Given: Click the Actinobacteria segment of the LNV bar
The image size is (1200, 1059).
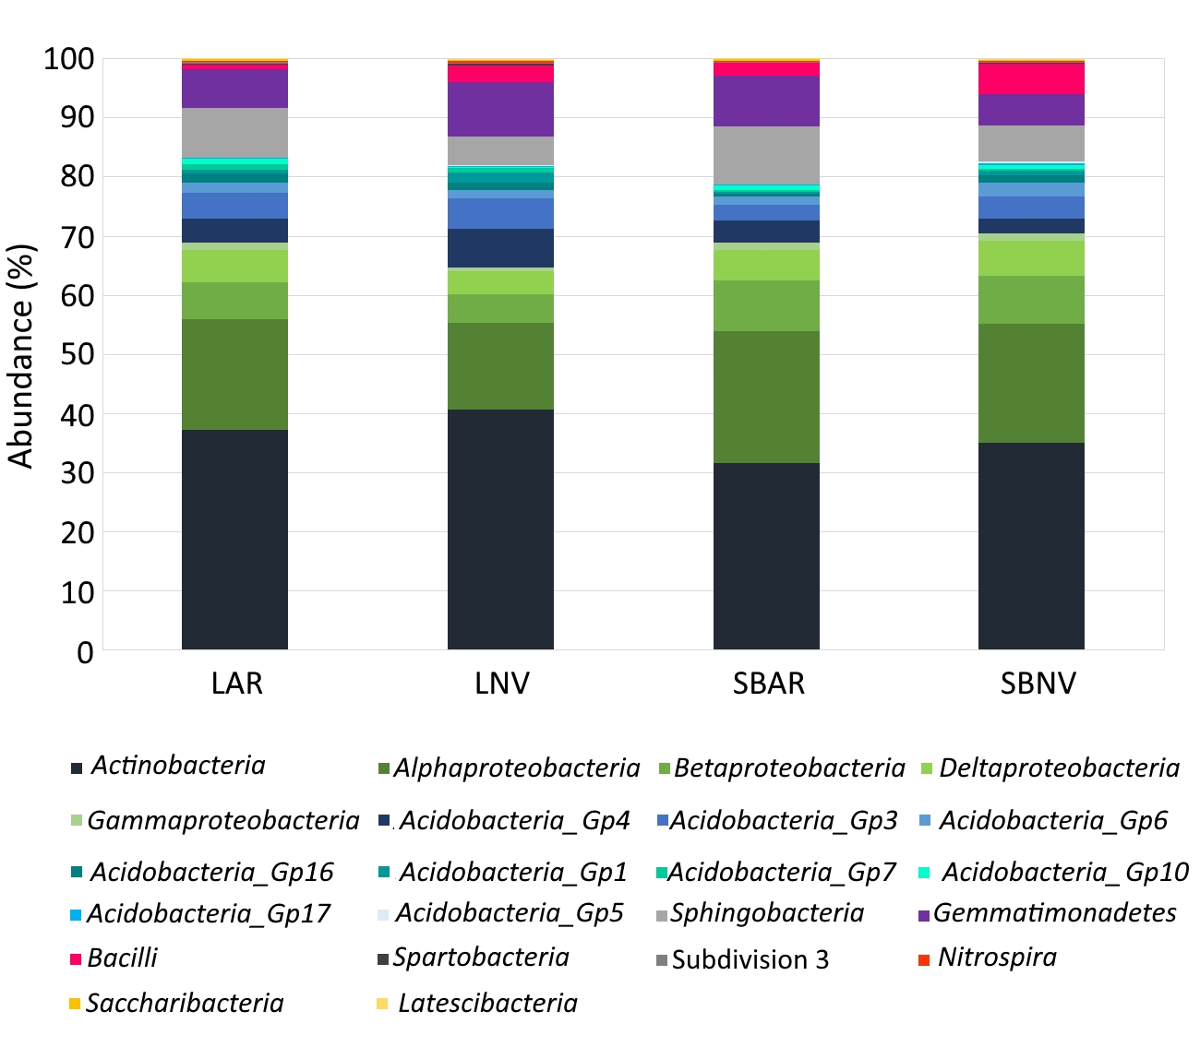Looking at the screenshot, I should coord(500,529).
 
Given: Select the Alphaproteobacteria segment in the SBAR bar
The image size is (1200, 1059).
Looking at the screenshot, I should coord(766,397).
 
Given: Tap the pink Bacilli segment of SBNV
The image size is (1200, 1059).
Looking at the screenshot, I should coord(1031,78).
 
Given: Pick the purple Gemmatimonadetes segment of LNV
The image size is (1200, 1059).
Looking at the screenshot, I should coord(500,109).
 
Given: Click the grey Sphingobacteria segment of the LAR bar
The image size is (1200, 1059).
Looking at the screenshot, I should coord(234,133).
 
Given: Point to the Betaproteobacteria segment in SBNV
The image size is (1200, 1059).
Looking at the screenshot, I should coord(1031,300).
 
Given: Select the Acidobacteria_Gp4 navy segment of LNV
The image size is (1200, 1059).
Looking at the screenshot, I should coord(500,248).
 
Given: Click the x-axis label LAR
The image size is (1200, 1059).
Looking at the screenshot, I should coord(237,684).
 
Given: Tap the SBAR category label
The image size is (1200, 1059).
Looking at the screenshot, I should coord(769,684).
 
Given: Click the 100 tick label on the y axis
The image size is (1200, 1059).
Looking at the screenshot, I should coord(69,60).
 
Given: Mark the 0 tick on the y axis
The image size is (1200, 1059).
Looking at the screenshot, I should coord(85,652).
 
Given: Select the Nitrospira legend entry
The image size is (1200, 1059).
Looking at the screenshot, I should coord(997,958).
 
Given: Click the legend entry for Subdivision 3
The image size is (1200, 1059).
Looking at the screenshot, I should coord(750,960).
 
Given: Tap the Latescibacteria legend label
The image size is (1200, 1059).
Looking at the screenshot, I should coord(487,1004).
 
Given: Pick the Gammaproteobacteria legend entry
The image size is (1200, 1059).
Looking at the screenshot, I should coord(222,821).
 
